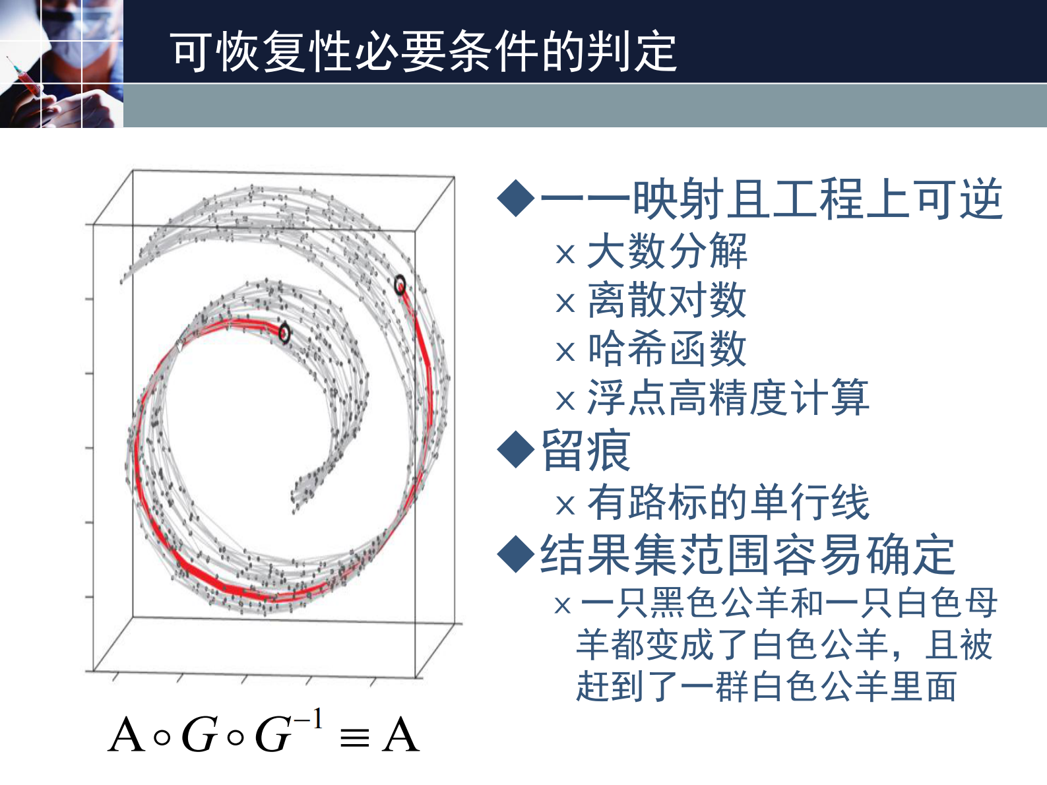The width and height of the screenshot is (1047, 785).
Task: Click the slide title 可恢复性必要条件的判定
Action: point(423,51)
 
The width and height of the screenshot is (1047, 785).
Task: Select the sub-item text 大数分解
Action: point(666,251)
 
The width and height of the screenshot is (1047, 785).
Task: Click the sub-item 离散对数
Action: point(666,300)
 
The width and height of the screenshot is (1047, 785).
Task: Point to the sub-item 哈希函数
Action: point(666,349)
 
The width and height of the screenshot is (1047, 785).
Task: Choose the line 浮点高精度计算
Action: point(728,398)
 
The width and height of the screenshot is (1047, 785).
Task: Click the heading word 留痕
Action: point(586,451)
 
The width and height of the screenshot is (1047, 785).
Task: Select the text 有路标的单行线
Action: point(728,503)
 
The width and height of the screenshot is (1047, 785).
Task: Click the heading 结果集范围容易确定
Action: point(747,554)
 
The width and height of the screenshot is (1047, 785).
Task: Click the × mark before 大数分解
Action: point(565,254)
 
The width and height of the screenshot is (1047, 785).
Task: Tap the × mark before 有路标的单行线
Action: point(565,505)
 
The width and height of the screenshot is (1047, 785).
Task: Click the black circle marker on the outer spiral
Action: point(400,285)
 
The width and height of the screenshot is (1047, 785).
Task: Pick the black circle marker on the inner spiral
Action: point(284,333)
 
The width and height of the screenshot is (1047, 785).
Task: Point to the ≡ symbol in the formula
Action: point(354,737)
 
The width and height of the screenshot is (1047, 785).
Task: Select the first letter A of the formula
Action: point(127,736)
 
